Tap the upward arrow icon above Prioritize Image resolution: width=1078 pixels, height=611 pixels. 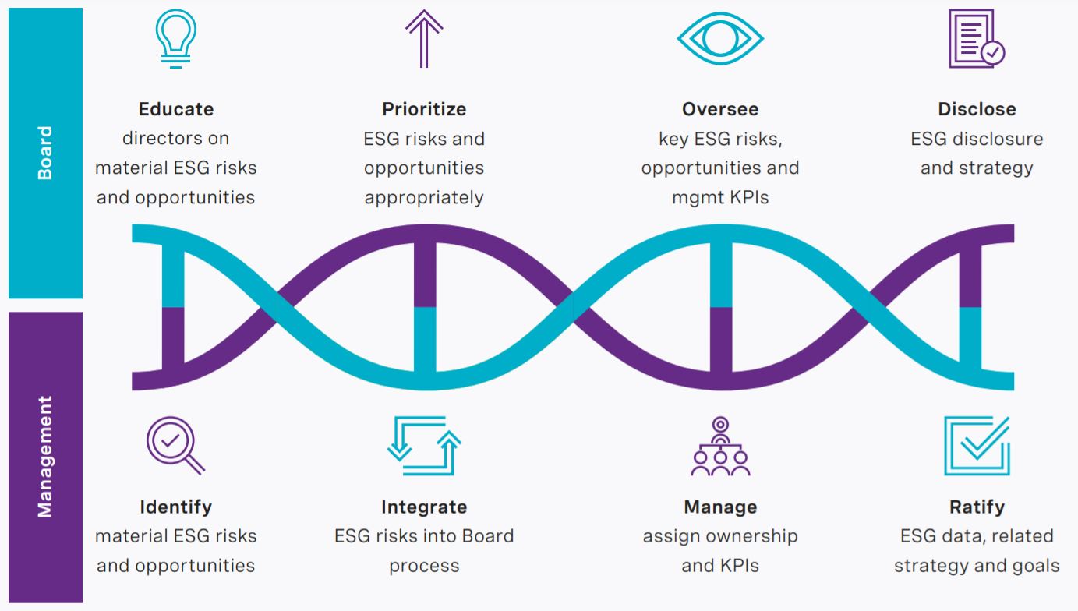424,37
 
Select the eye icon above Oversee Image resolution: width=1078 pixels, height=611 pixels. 719,37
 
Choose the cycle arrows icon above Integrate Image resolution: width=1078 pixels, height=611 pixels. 424,445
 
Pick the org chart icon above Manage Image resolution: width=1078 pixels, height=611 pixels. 720,446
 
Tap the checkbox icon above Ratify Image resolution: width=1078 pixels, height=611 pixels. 977,445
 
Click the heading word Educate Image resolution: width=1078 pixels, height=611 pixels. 176,109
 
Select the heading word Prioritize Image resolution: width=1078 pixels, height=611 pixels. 424,109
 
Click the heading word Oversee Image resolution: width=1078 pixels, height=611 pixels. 720,109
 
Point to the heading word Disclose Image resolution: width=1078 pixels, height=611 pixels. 977,109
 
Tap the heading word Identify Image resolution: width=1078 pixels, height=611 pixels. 176,507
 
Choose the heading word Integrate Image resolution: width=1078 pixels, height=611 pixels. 424,507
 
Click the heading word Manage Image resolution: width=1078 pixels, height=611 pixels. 720,507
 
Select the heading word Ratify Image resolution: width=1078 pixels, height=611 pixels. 977,507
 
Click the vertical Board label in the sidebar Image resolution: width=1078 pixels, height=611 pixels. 45,153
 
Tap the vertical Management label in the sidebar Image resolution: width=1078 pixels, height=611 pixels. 45,457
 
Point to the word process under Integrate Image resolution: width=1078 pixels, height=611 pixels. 424,566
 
